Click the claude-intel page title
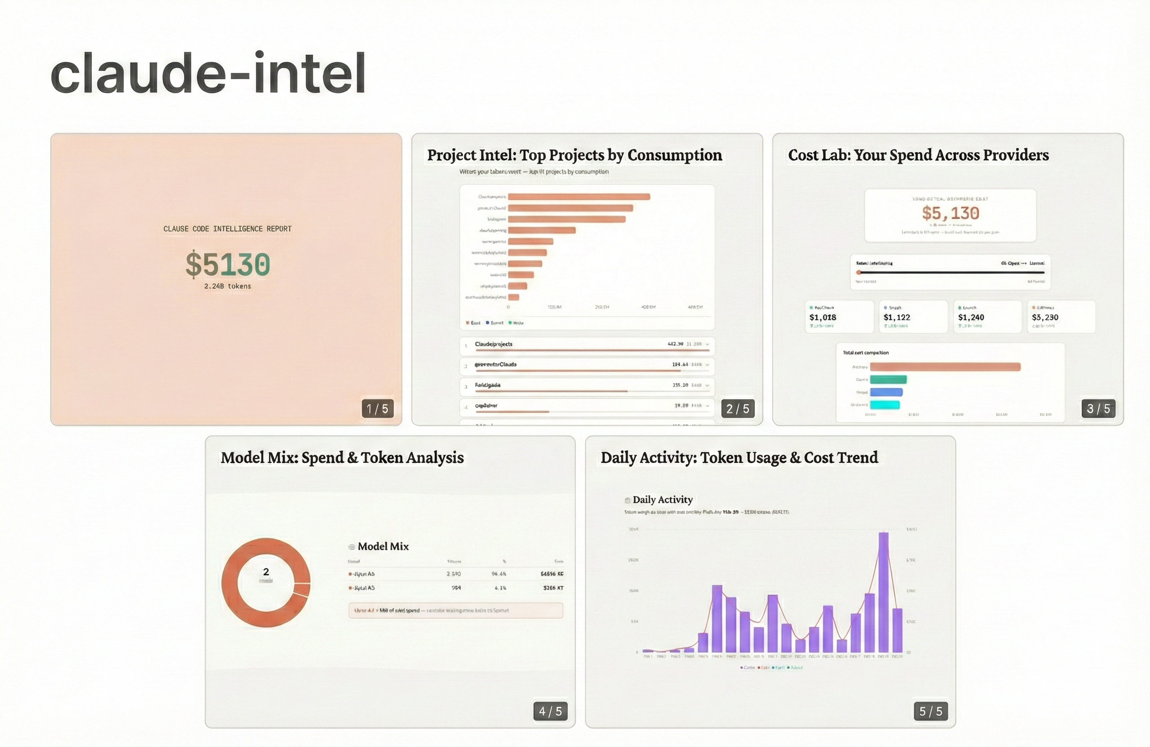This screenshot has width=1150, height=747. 208,73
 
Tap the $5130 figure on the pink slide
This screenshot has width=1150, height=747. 228,264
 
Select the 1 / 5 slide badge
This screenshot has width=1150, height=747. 377,409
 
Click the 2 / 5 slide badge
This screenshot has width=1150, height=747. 738,409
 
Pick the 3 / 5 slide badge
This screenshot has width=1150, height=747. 1098,409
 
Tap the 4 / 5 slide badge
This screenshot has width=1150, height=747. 550,711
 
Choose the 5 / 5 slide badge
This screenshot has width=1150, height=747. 931,711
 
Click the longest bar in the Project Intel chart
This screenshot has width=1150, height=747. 579,197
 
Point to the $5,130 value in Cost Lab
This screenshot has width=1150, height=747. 951,213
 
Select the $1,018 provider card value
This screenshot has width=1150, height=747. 823,317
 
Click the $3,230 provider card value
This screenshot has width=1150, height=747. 1045,317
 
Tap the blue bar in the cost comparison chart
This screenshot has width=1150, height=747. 886,392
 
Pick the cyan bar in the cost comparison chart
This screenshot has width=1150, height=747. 885,404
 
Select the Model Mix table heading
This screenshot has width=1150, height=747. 383,546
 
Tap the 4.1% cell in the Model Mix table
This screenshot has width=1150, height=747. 500,588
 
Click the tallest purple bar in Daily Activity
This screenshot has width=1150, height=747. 883,592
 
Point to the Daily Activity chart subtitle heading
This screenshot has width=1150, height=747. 663,499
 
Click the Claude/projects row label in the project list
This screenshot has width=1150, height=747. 493,344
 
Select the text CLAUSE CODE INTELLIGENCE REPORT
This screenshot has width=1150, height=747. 228,228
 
